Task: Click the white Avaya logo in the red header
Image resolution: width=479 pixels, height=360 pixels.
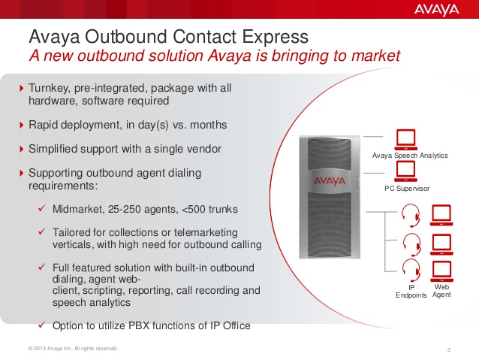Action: click(436, 10)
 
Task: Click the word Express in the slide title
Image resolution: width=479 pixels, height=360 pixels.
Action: click(276, 37)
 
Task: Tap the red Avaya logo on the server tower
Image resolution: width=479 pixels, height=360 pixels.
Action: click(330, 181)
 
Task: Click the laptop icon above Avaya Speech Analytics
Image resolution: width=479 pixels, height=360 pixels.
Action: click(406, 140)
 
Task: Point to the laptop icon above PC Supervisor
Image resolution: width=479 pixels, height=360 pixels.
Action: click(405, 171)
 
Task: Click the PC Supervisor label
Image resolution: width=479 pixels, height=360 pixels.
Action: click(407, 189)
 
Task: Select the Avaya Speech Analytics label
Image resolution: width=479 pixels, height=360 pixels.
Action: click(410, 156)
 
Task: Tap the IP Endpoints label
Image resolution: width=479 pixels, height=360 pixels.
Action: click(411, 291)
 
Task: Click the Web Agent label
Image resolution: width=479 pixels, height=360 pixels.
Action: click(441, 291)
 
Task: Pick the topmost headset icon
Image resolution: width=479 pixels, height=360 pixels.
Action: click(411, 216)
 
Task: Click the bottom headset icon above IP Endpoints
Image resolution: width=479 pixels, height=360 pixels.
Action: click(411, 271)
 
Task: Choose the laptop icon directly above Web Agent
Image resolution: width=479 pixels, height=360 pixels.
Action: click(441, 271)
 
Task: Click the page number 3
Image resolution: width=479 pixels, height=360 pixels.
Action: click(449, 349)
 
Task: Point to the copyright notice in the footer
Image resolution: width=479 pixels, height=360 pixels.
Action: click(73, 349)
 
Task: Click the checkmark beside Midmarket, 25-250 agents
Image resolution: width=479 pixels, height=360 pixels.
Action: click(42, 208)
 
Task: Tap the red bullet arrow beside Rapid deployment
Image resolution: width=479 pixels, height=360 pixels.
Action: click(21, 125)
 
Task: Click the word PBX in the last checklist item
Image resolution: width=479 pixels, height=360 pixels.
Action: click(139, 325)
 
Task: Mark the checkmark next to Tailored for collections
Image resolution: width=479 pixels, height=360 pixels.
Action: click(42, 231)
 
